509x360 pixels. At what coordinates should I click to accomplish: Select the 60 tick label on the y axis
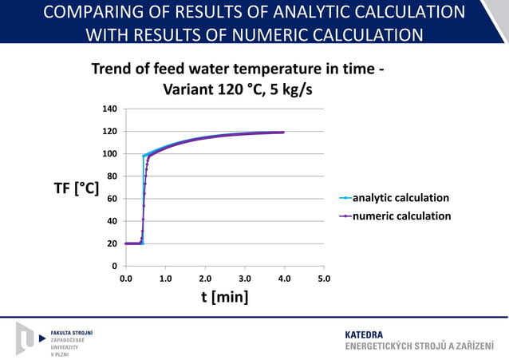coord(112,198)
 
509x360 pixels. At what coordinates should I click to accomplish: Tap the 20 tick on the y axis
coord(112,243)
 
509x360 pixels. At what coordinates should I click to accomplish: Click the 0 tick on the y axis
coord(115,266)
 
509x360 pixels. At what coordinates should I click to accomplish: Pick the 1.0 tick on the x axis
coord(165,279)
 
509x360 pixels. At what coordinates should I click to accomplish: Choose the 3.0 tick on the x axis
coord(245,279)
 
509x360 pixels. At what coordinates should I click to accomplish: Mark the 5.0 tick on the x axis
coord(324,279)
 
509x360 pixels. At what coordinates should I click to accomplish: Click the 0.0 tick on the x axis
coord(126,279)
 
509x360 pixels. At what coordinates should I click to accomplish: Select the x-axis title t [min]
coord(224,297)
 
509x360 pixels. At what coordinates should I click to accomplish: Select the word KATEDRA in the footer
coord(363,334)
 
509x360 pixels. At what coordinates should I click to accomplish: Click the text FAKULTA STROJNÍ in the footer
coord(72,331)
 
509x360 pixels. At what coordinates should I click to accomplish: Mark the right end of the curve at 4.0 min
coord(283,133)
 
